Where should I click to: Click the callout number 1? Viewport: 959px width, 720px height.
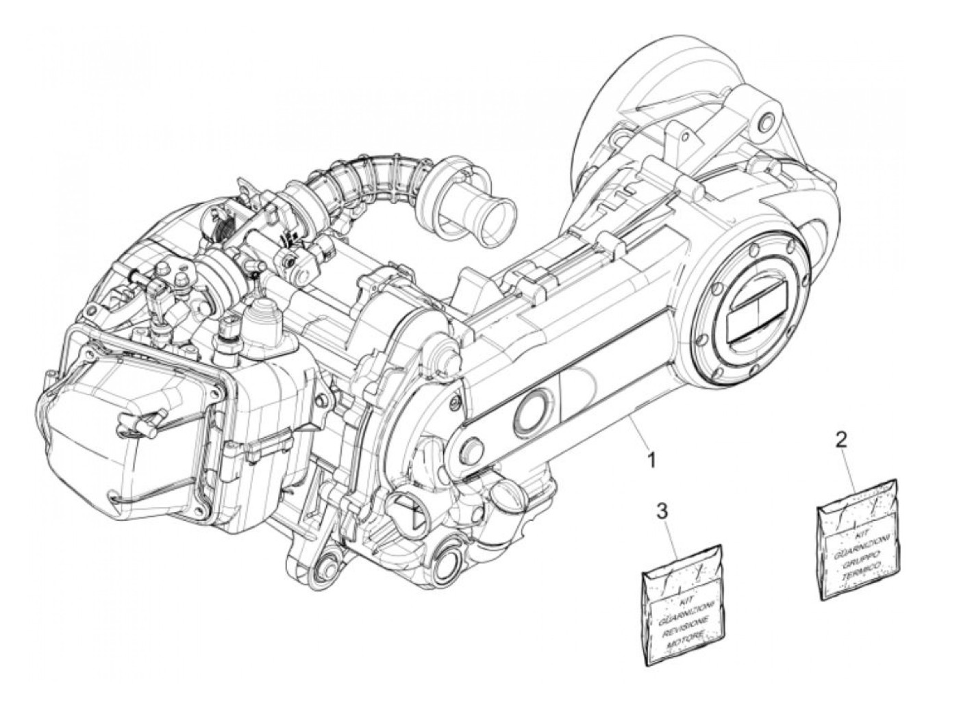pyautogui.click(x=651, y=459)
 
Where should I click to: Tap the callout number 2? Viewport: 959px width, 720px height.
pyautogui.click(x=842, y=439)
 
